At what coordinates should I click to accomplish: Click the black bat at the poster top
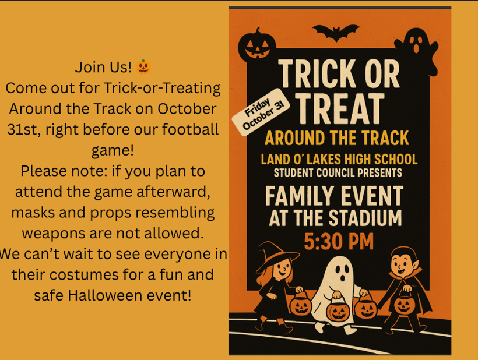(335, 32)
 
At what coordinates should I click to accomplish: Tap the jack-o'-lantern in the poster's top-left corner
(256, 44)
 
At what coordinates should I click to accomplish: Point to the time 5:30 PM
(339, 241)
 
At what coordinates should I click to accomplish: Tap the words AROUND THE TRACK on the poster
(336, 139)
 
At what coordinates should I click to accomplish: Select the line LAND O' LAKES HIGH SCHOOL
(339, 159)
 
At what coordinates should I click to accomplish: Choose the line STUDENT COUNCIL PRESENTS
(338, 172)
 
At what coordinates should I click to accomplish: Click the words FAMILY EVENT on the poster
(334, 196)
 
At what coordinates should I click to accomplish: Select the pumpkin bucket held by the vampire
(403, 304)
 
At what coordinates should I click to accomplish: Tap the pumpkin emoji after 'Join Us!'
(143, 67)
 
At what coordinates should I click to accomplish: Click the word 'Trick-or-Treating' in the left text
(163, 88)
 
